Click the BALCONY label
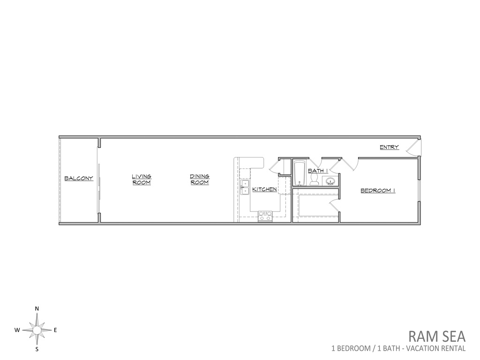79,178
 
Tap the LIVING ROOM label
142,180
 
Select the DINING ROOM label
200,180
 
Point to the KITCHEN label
264,189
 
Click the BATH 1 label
318,171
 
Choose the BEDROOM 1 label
378,190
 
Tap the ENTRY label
390,147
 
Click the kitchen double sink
245,187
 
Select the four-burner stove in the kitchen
265,216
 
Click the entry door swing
413,147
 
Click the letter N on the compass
37,308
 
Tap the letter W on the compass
17,330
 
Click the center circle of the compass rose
37,330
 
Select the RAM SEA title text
437,337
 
